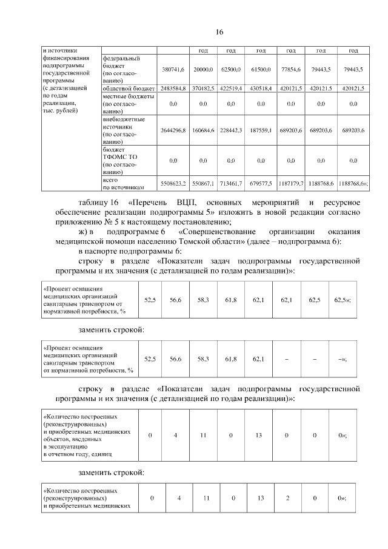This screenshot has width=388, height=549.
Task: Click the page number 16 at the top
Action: [219, 32]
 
